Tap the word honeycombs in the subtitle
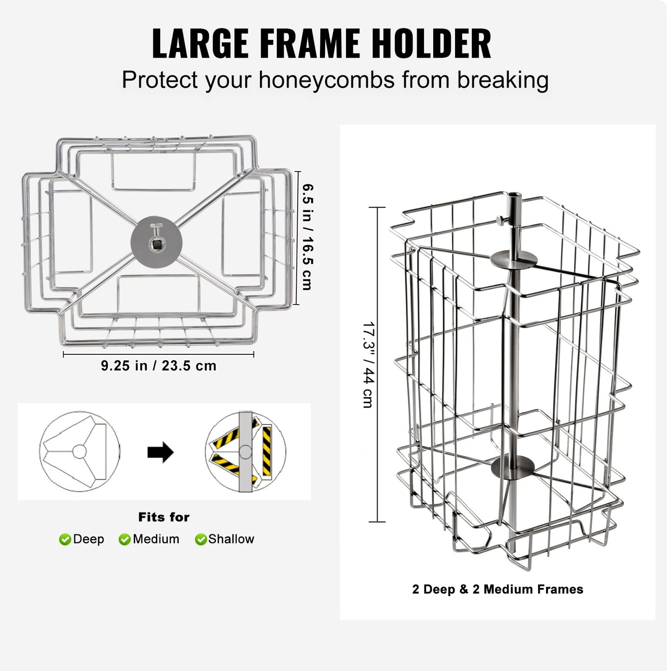click(327, 80)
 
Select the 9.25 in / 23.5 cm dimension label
click(159, 366)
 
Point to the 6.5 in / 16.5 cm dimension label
click(307, 237)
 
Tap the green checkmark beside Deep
click(65, 540)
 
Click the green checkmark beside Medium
click(124, 540)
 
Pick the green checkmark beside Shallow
click(201, 540)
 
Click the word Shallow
click(231, 539)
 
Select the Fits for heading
click(164, 517)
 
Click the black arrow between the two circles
click(160, 452)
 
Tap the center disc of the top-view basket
click(156, 241)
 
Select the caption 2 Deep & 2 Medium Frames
click(497, 589)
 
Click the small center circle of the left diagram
click(79, 451)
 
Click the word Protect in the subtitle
click(160, 80)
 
